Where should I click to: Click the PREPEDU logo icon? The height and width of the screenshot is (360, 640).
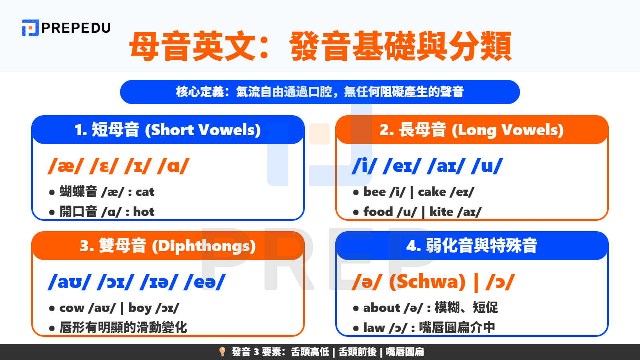click(30, 28)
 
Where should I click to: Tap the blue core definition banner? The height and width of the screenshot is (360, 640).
click(320, 92)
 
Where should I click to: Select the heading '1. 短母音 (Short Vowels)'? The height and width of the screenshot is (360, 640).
click(168, 130)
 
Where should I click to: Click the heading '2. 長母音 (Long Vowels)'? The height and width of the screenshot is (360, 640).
click(472, 130)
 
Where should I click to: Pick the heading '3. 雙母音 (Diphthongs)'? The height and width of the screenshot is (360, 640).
click(168, 246)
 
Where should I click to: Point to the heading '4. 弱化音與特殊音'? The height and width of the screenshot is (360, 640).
click(472, 246)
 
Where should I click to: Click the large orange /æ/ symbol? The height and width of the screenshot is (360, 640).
click(66, 166)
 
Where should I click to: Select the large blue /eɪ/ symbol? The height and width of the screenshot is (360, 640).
click(402, 166)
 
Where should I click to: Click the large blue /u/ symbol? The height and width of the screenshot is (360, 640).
click(487, 166)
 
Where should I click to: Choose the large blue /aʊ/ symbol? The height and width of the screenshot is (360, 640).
click(70, 282)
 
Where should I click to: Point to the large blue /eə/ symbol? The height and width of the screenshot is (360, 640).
click(204, 282)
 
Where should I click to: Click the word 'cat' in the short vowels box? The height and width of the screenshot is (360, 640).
click(145, 192)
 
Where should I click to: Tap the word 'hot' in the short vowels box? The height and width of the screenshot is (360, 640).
click(144, 212)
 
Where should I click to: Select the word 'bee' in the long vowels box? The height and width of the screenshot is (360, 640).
click(374, 192)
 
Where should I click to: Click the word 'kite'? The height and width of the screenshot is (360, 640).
click(441, 212)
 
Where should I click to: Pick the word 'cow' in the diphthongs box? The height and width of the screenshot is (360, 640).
click(72, 308)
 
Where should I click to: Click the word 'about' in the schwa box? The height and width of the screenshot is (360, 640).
click(382, 308)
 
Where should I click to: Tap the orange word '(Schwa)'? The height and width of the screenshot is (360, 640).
click(427, 282)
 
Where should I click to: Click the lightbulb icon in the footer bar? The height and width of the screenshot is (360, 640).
click(222, 352)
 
